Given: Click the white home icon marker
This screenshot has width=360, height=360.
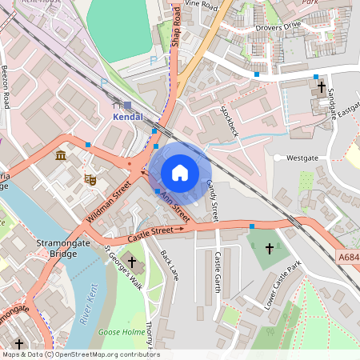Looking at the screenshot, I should pos(180,172).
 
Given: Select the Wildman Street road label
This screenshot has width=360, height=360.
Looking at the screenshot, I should pos(110,202).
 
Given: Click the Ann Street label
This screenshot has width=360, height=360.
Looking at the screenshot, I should pos(174,206).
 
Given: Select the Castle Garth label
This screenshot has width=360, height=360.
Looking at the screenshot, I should pos(218,272).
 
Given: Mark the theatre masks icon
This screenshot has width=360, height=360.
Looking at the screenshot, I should pos(90,181).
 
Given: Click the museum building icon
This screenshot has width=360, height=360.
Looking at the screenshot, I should pos(61,154).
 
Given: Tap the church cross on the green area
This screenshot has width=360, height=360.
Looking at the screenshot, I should pos(269,250).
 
